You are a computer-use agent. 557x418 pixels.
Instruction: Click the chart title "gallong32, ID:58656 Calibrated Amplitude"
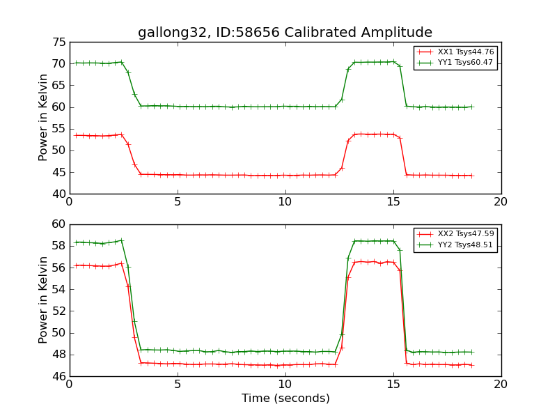(x=285, y=33)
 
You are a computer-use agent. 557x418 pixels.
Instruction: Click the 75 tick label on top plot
(x=58, y=42)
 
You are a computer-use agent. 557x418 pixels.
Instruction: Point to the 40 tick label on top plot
(x=58, y=194)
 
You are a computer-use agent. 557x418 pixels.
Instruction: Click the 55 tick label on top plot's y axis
(x=58, y=129)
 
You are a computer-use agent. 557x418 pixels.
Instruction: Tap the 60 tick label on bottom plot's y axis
(x=58, y=224)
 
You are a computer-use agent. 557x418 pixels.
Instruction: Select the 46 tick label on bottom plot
(x=58, y=376)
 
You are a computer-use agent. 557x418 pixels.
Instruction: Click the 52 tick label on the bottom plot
(x=58, y=311)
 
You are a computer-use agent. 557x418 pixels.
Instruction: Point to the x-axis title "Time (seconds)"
(x=285, y=398)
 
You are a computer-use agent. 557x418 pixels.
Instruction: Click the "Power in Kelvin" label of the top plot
(x=44, y=118)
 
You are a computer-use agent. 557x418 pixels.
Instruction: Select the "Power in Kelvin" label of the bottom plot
(x=44, y=300)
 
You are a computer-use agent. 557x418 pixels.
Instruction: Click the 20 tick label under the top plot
(x=501, y=202)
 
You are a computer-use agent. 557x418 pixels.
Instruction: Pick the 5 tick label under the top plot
(x=178, y=202)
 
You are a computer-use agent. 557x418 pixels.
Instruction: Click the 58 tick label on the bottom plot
(x=58, y=246)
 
